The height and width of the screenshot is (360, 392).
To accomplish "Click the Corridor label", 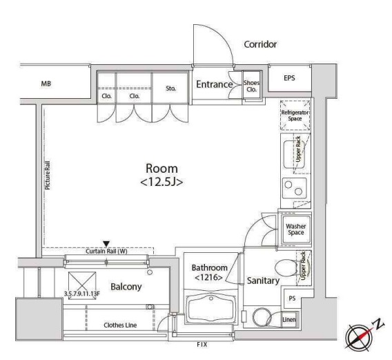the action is pos(260,44).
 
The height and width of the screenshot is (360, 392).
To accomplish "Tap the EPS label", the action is pos(289,78).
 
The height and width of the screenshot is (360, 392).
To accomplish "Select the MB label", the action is pos(46,84).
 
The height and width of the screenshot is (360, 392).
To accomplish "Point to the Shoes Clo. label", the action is pos(251,86).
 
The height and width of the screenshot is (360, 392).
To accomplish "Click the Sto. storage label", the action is pos(170,88).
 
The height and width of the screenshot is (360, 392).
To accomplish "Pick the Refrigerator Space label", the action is pos(295,115).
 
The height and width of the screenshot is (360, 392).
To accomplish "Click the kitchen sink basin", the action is pos(294,154).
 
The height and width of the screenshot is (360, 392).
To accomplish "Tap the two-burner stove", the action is pos(294,188).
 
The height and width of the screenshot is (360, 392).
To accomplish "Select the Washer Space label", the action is pos(296,229).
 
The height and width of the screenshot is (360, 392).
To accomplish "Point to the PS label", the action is pos(292,299).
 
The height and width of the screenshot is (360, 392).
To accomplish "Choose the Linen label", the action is pos(289,320).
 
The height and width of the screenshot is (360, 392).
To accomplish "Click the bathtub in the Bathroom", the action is pos(211,308).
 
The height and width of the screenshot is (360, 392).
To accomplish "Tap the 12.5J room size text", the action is pos(161,182).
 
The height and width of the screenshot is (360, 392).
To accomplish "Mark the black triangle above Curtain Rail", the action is pos(106,244).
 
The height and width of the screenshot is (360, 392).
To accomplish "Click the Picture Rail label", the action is pos(47,176).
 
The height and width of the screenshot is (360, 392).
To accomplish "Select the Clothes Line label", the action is pos(120,325).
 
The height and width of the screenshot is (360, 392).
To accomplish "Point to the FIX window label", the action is pos(202,345).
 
